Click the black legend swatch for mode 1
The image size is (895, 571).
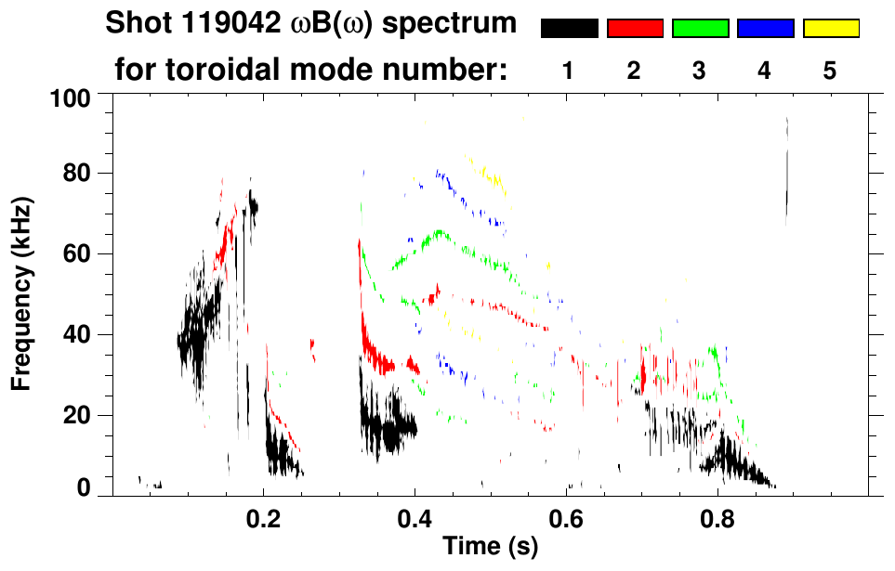570,29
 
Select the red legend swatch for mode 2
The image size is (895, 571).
635,29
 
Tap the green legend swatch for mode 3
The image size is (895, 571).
700,29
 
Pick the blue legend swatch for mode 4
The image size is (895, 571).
765,29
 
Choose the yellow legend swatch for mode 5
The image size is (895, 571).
831,29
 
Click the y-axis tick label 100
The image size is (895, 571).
70,97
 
